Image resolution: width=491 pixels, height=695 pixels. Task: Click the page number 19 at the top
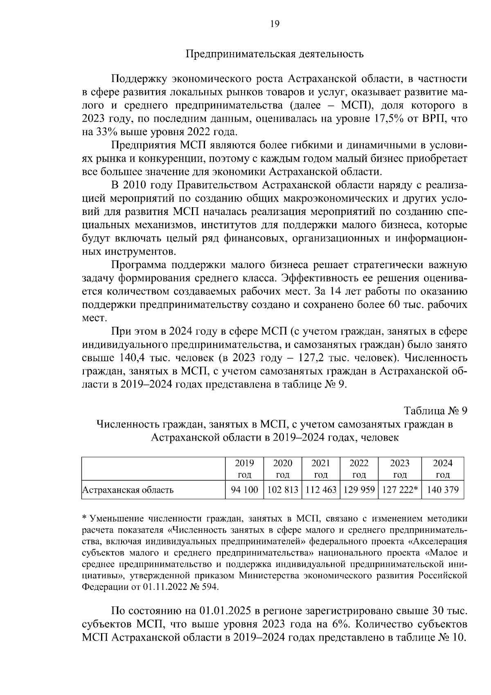(275, 24)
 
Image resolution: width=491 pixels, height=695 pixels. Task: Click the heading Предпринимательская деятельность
(275, 54)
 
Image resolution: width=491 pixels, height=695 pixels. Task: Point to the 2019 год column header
(244, 469)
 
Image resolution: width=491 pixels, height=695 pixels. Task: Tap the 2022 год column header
(359, 469)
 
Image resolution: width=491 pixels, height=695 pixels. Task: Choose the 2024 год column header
(443, 469)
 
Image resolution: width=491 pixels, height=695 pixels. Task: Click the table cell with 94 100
(244, 489)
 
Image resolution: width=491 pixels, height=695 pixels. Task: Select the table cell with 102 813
(282, 489)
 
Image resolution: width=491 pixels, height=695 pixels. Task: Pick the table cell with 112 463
(321, 489)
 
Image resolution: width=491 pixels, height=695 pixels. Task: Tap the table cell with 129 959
(359, 489)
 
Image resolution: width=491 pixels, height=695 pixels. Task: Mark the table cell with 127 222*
(400, 489)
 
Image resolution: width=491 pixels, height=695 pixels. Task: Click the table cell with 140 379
(443, 489)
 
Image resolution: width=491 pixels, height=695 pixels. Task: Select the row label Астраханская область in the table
(128, 490)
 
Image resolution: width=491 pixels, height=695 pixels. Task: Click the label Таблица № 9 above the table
(435, 410)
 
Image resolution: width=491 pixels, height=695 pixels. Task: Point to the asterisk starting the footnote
(85, 518)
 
